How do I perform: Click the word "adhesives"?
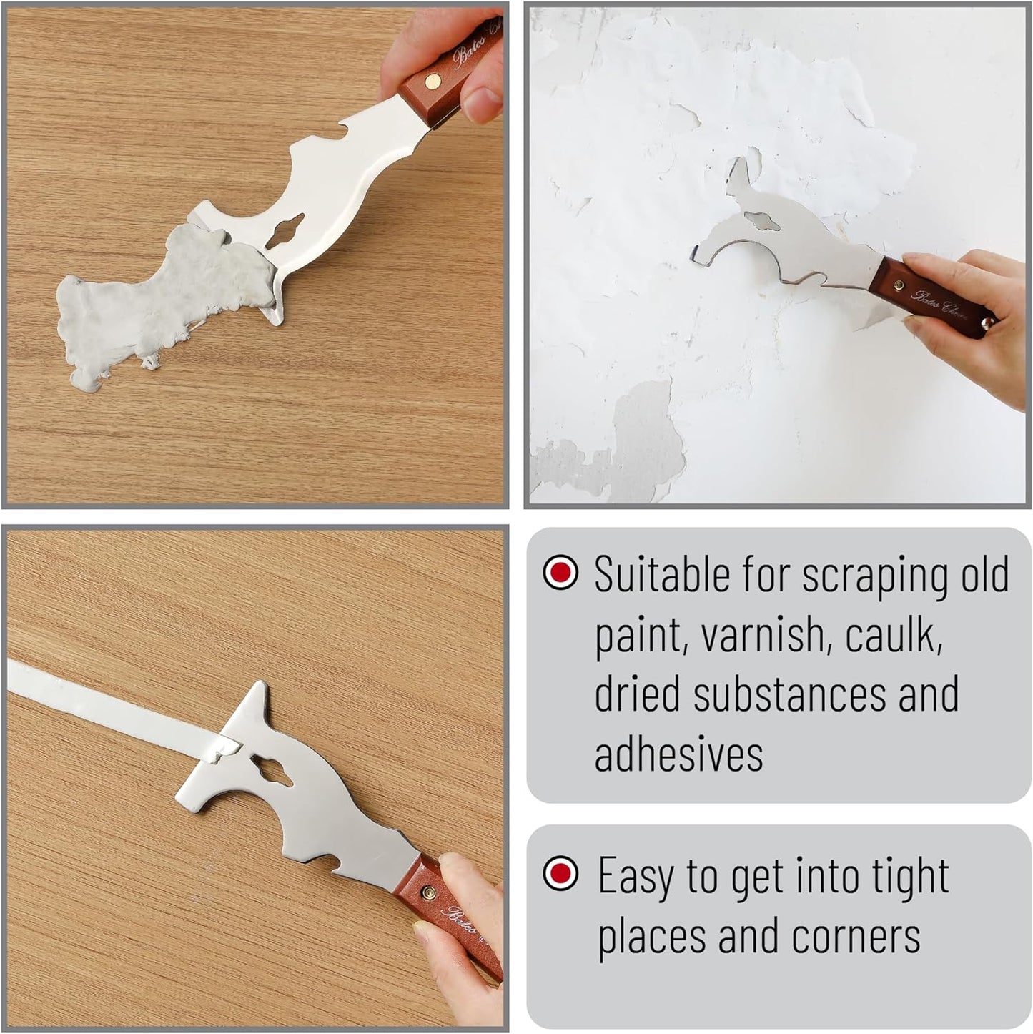click(678, 754)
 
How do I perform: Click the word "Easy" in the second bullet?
click(636, 876)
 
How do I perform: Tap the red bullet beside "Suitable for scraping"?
click(560, 573)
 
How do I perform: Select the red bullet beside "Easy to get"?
click(560, 873)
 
